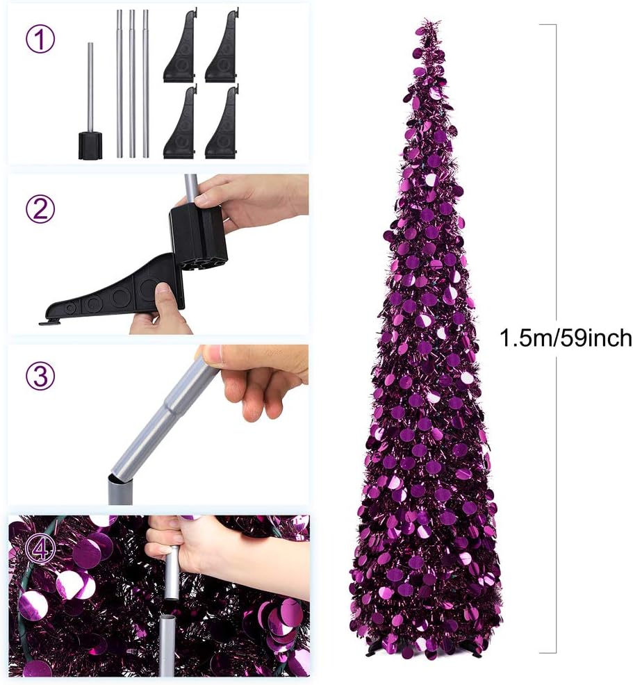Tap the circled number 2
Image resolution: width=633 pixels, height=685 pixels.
click(40, 208)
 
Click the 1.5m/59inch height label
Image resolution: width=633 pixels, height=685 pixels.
click(566, 338)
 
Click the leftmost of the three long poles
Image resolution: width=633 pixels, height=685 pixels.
click(119, 83)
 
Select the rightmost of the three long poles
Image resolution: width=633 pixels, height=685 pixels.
click(145, 83)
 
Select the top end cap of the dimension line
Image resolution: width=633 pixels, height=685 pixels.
click(548, 25)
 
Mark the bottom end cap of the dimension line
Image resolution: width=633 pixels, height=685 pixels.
click(548, 652)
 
